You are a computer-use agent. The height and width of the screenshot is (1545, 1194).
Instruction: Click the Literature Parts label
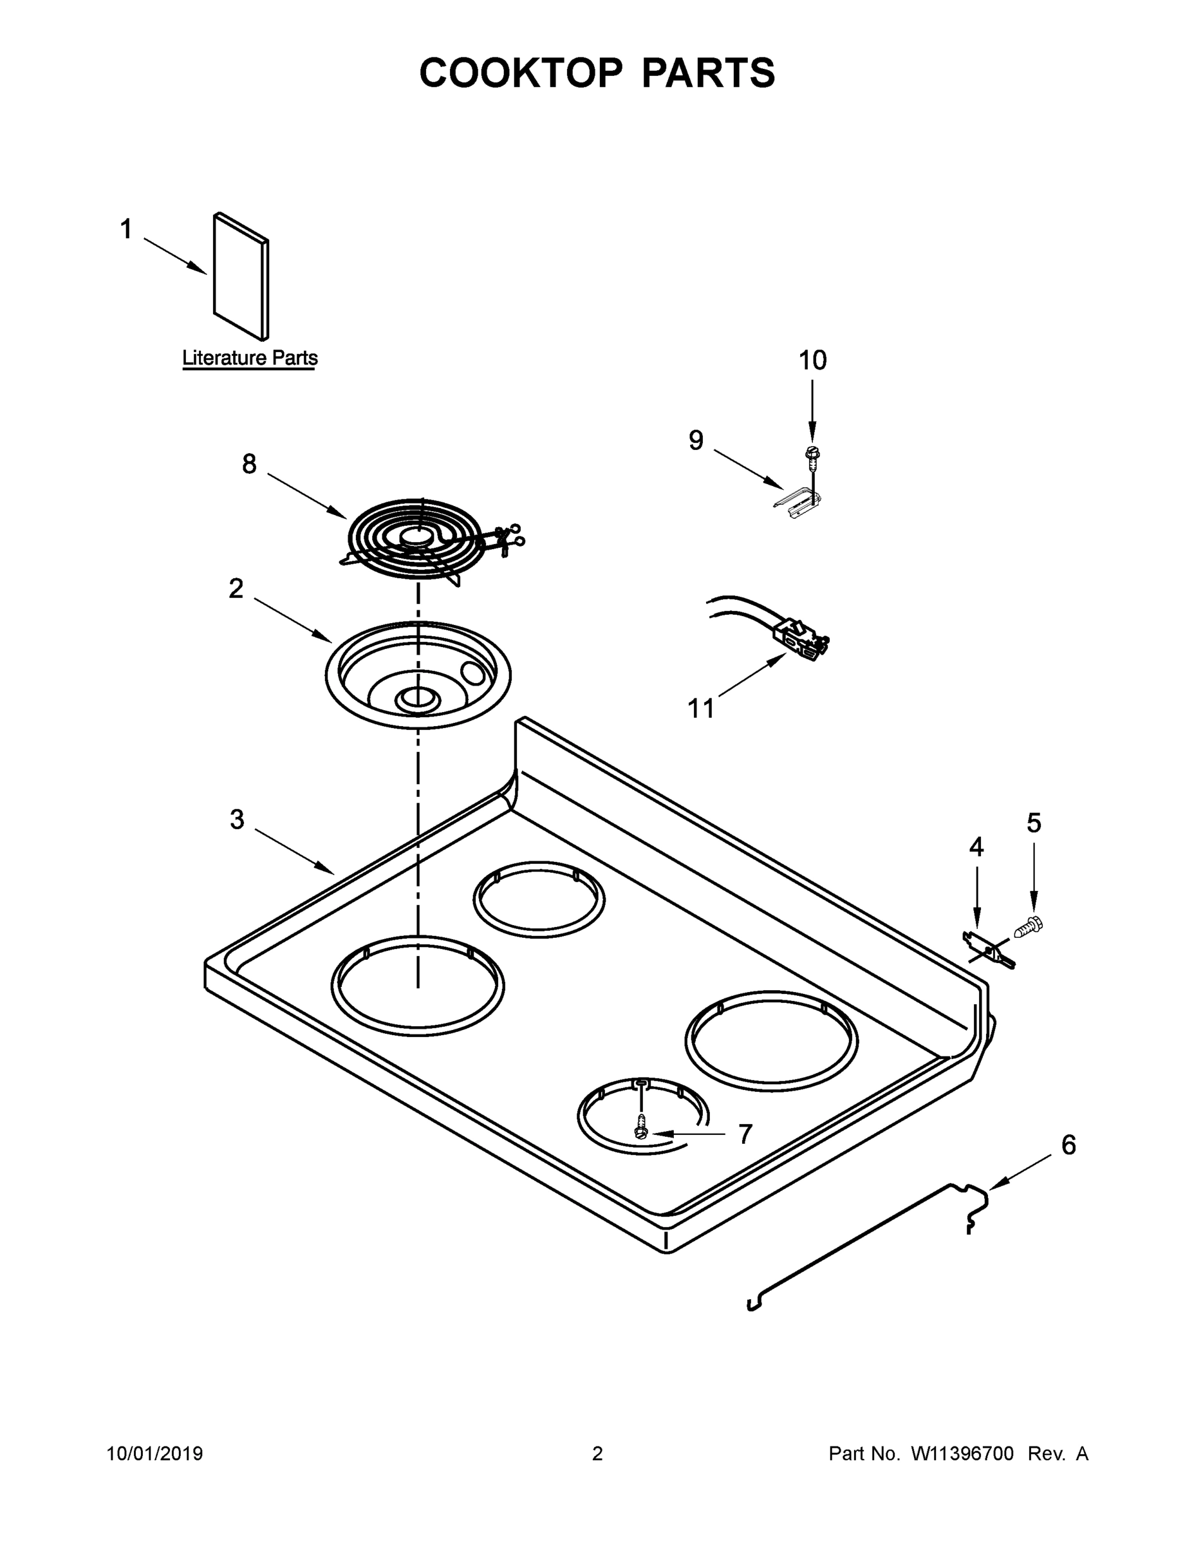(x=250, y=358)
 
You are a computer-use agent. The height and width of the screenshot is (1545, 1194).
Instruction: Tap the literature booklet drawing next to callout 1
(x=241, y=276)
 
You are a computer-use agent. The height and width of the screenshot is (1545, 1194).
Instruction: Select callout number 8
(x=249, y=464)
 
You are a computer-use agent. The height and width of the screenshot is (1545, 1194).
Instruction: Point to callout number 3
(x=237, y=819)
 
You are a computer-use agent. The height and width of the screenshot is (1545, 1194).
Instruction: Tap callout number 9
(x=696, y=440)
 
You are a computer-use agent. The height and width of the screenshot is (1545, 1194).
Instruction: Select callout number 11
(x=701, y=708)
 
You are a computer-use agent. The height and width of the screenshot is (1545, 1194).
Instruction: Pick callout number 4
(x=976, y=846)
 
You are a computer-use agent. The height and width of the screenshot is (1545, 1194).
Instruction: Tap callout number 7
(x=745, y=1134)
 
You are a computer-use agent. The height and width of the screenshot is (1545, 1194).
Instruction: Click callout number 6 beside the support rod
(x=1068, y=1145)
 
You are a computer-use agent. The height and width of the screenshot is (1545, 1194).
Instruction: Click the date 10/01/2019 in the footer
(x=155, y=1454)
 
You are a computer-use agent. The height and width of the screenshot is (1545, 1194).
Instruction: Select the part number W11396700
(x=962, y=1454)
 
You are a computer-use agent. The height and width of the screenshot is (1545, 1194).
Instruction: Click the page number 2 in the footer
(x=597, y=1454)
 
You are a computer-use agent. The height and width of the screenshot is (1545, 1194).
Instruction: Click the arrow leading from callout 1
(x=176, y=256)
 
